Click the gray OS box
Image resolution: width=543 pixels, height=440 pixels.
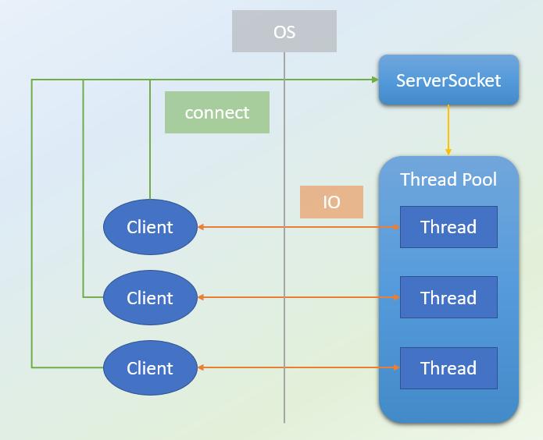(284, 31)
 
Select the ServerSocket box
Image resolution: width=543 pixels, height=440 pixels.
(448, 80)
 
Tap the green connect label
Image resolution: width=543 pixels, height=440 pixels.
(217, 112)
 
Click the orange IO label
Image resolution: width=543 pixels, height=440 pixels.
(331, 202)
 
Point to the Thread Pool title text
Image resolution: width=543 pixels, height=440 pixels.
(448, 179)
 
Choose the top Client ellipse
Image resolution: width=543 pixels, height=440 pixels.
(150, 227)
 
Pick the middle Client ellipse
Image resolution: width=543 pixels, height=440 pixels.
(150, 297)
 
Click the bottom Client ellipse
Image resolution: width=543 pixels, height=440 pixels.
(150, 367)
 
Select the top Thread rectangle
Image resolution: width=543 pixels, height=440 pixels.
(448, 227)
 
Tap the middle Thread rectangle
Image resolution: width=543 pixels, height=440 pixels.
(448, 297)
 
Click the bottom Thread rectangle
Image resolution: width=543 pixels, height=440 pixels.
(448, 368)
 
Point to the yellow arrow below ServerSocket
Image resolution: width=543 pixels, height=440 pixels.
(448, 130)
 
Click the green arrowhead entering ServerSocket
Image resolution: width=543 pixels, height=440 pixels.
(375, 80)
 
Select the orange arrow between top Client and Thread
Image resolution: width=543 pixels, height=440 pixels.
(298, 227)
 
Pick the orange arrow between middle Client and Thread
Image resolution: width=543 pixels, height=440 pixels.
(298, 297)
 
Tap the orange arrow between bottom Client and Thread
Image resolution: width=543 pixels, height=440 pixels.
(298, 367)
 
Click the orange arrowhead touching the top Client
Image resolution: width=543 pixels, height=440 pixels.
(201, 227)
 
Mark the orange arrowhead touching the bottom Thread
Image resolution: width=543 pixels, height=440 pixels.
(397, 367)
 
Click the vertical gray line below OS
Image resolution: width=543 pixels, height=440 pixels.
(284, 237)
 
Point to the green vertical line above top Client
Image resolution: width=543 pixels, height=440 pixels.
(150, 140)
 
